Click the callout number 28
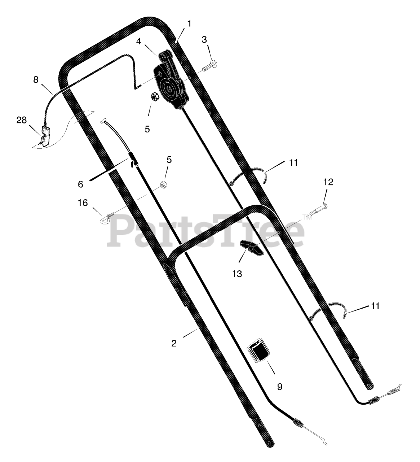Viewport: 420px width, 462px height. (x=21, y=120)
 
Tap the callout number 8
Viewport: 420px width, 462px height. (x=36, y=80)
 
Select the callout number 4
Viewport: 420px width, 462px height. (x=138, y=41)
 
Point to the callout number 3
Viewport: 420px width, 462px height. (x=204, y=40)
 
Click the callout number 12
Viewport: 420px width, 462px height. (x=328, y=182)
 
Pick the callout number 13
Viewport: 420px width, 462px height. (x=237, y=274)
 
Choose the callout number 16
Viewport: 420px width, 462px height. (x=83, y=203)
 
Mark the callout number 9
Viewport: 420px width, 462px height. (x=280, y=387)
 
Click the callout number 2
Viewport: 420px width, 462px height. (x=174, y=344)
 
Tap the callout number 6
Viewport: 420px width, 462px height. (x=80, y=184)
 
